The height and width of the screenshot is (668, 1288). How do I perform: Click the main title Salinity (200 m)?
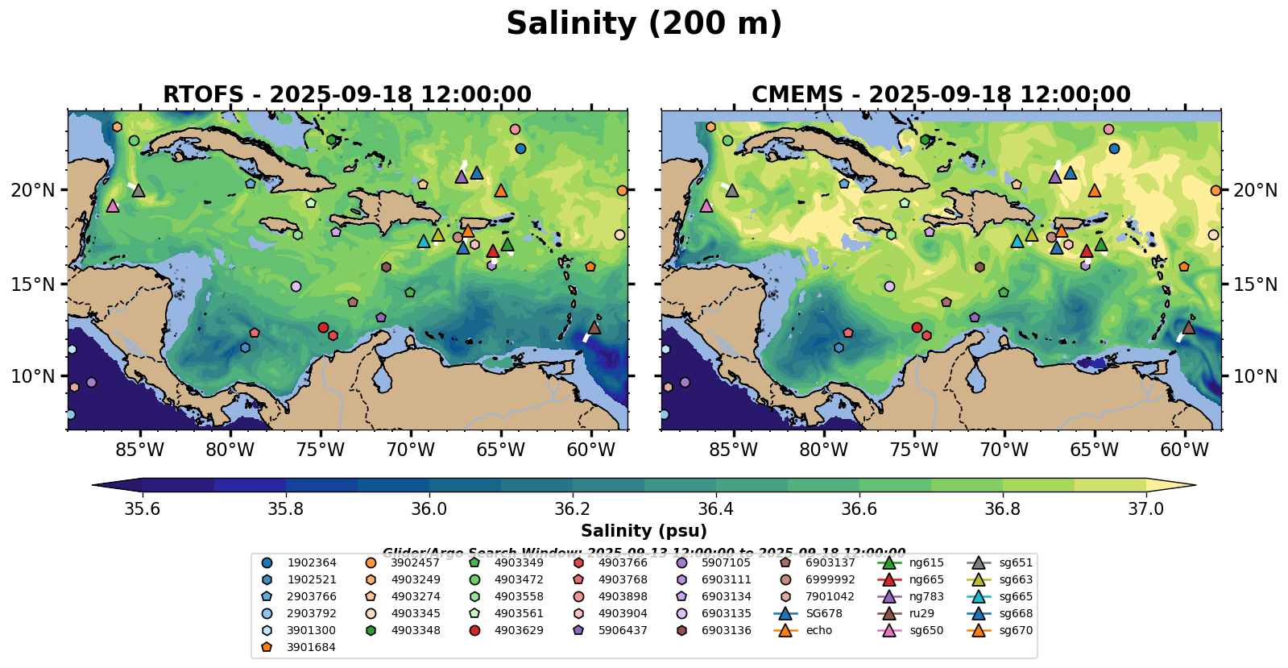644,24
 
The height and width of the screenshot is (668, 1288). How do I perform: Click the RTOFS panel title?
346,95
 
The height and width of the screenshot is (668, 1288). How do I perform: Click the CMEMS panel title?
941,95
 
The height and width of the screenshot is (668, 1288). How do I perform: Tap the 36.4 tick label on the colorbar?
715,509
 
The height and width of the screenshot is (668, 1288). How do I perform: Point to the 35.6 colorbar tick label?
143,509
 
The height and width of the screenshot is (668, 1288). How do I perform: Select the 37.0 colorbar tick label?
1145,509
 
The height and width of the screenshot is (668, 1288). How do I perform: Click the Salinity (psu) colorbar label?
644,531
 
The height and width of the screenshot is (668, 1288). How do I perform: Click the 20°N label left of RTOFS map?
33,190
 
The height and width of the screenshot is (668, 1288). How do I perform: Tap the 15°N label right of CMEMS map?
1255,284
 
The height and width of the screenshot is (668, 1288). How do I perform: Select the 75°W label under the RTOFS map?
321,450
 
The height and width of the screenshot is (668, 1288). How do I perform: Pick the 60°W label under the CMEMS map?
1184,450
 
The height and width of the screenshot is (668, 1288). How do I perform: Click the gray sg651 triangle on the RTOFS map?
138,191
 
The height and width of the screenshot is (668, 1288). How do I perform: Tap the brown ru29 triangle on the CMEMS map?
1188,327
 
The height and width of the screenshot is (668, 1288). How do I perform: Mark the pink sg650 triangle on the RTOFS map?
113,205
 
